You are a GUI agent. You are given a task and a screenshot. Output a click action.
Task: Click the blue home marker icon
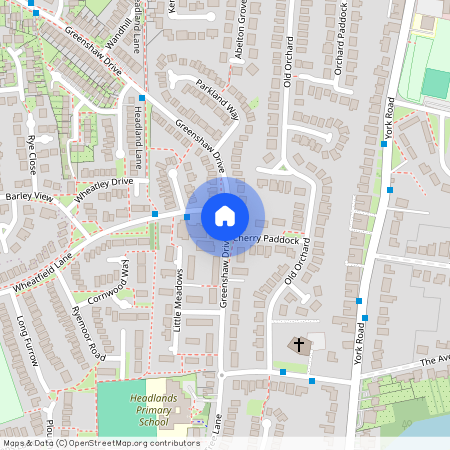click(x=224, y=216)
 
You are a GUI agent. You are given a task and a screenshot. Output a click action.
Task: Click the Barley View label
click(x=27, y=197)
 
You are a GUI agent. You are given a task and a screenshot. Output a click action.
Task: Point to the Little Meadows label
click(x=178, y=299)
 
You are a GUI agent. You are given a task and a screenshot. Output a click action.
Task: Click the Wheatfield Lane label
click(x=44, y=273)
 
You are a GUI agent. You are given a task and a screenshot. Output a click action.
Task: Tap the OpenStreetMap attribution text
click(x=100, y=442)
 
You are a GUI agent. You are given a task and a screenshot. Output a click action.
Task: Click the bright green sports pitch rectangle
click(x=436, y=83)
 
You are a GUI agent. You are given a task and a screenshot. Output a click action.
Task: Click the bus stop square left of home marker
click(x=155, y=213)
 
